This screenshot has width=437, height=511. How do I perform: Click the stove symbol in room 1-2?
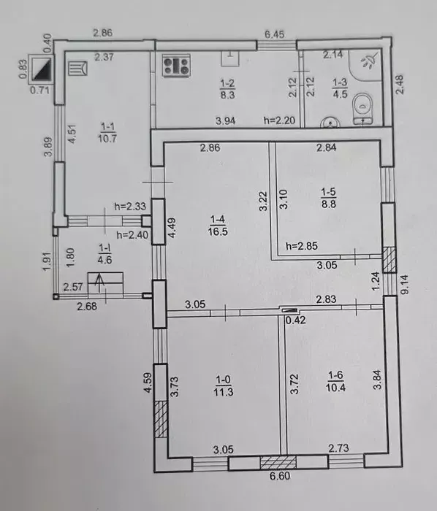tap(176, 65)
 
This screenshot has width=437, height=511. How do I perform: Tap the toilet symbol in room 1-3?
tap(362, 109)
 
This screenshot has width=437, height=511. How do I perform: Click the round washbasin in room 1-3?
tap(330, 123)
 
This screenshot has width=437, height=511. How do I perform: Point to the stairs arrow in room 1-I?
tap(100, 283)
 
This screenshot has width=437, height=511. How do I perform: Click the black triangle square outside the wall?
tap(42, 69)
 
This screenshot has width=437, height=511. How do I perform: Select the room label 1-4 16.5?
tap(218, 225)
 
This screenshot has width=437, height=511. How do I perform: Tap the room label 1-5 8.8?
tap(328, 198)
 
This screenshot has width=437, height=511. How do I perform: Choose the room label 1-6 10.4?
tap(335, 381)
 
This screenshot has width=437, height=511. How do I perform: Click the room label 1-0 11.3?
tap(224, 385)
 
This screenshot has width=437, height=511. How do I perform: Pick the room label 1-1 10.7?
tap(107, 133)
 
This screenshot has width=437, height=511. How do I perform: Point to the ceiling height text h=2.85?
tap(302, 246)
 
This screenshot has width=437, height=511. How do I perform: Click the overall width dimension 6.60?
tap(280, 476)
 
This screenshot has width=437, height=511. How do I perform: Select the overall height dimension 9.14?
tap(404, 284)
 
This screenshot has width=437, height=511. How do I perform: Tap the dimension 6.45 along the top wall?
tap(274, 34)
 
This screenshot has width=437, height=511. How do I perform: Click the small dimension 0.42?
tap(295, 320)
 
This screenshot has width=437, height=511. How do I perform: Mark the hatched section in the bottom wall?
tap(278, 463)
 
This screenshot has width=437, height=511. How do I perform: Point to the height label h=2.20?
tap(279, 120)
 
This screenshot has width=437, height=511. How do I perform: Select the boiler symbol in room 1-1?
tap(78, 69)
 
